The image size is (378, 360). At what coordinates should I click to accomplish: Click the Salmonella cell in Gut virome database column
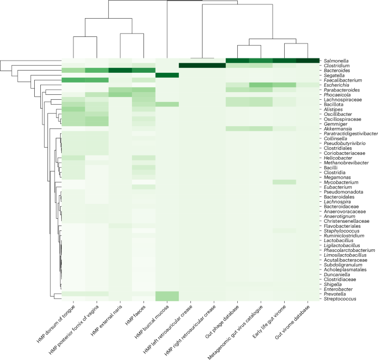click(308, 61)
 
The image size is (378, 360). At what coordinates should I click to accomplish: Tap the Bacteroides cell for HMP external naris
click(120, 71)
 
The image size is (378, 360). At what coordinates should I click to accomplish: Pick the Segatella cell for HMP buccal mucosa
click(167, 76)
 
